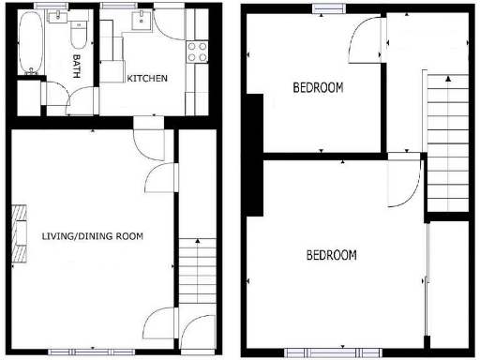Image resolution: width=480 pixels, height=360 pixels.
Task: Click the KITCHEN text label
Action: pyautogui.click(x=147, y=78)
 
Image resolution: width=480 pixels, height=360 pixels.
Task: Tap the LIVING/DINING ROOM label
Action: pyautogui.click(x=92, y=235)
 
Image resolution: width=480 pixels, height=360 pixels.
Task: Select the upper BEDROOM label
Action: pyautogui.click(x=318, y=88)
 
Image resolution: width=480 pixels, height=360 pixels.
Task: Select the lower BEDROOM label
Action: pyautogui.click(x=331, y=255)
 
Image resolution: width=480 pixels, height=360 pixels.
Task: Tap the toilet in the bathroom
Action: pyautogui.click(x=79, y=35)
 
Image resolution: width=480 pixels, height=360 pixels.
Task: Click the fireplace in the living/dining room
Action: pyautogui.click(x=19, y=234)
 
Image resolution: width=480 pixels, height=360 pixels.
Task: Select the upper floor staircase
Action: pyautogui.click(x=446, y=141)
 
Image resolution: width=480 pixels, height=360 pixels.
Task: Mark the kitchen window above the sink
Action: pyautogui.click(x=117, y=7)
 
